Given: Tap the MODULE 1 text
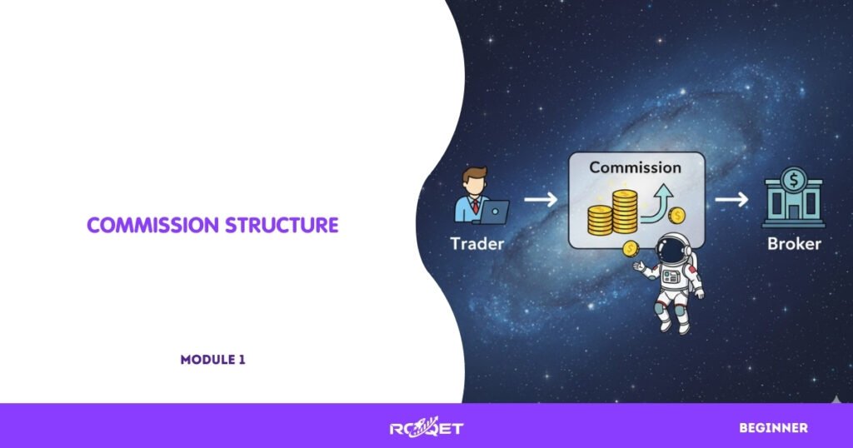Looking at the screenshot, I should [x=212, y=360].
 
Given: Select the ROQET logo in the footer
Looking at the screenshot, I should [x=426, y=428].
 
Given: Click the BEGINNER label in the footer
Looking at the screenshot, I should [x=773, y=428].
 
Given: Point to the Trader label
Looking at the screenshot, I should [x=476, y=244].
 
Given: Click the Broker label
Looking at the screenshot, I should [x=794, y=244].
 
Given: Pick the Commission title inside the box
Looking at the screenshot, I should [x=635, y=167].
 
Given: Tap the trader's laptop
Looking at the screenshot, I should [x=495, y=212].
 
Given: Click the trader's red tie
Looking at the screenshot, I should [x=476, y=207].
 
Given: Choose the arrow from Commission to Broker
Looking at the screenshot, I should [x=731, y=201].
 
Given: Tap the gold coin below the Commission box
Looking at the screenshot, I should [x=631, y=247].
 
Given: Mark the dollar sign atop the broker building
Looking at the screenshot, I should [x=794, y=178].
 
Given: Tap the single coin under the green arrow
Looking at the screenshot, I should [x=676, y=217].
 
